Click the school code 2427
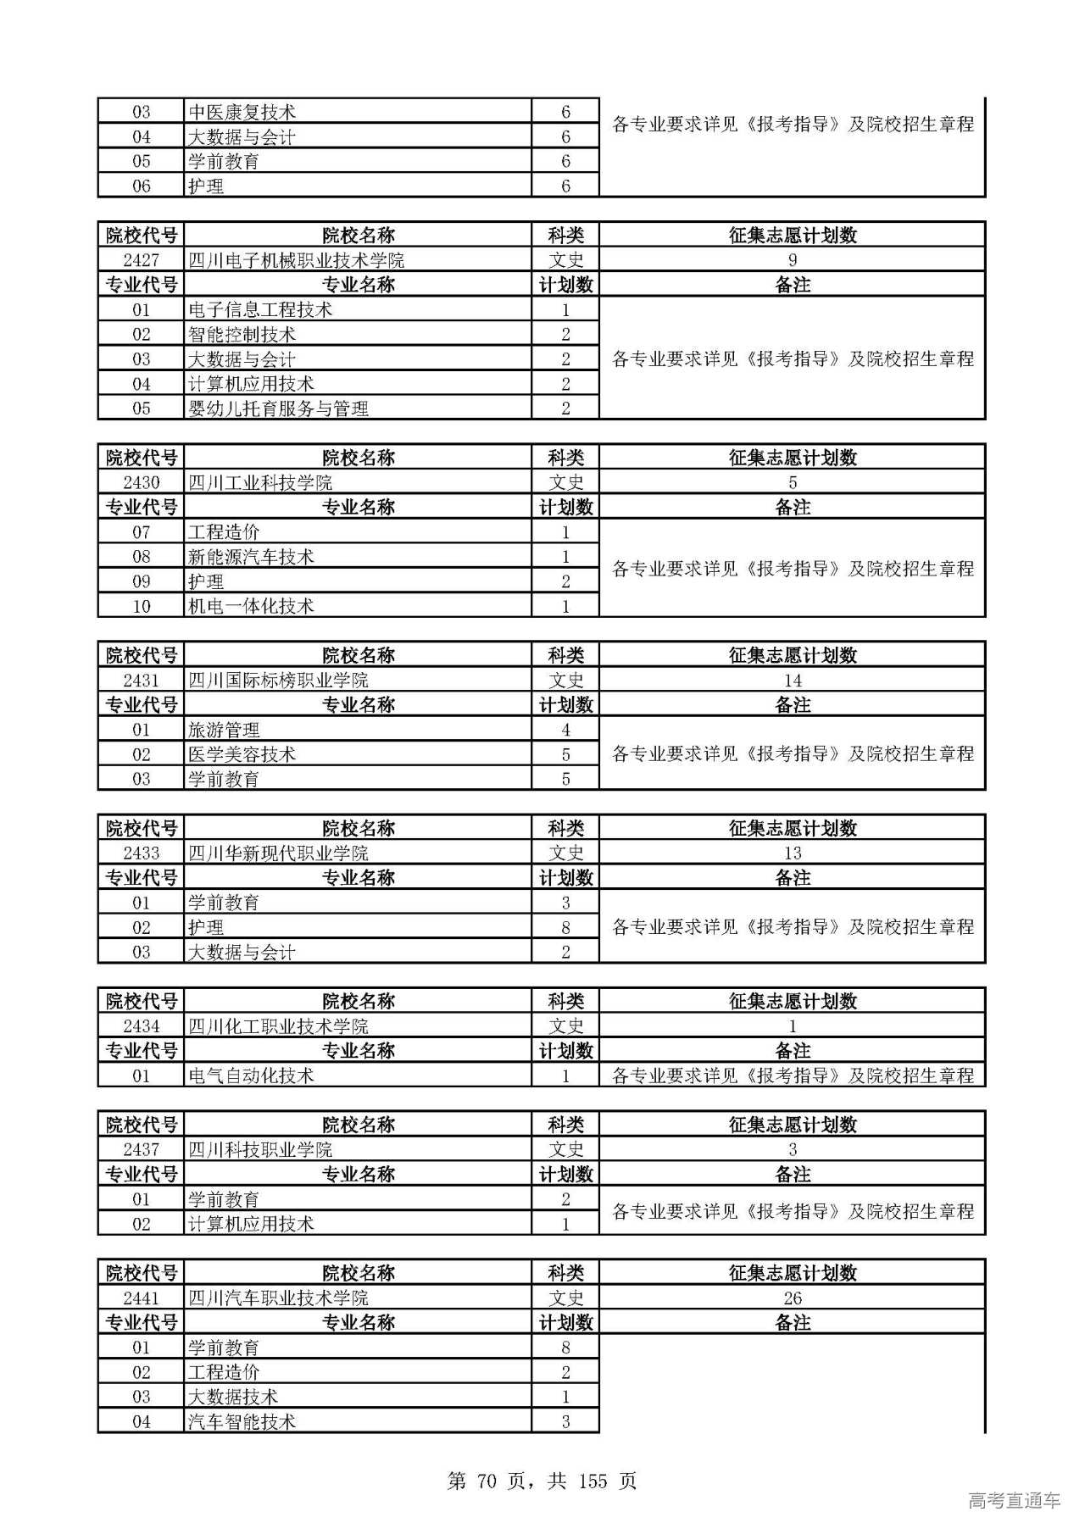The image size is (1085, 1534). point(141,260)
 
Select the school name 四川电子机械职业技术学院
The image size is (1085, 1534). point(296,260)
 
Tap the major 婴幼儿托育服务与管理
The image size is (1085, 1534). point(278,409)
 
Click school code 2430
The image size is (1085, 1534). point(141,483)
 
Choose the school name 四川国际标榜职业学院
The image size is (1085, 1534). point(278,681)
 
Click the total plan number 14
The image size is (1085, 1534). point(792,681)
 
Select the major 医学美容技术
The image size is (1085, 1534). point(242,754)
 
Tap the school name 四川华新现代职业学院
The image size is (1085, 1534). point(278,853)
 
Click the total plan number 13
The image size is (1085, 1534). point(792,853)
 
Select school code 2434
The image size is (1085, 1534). point(141,1026)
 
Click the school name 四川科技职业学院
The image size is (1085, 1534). point(259,1150)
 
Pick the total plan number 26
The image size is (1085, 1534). point(792,1298)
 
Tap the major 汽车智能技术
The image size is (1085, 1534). point(242,1421)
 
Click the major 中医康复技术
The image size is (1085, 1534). point(242,112)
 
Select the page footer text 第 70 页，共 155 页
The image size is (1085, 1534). point(542,1481)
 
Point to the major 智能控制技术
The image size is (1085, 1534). point(242,335)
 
